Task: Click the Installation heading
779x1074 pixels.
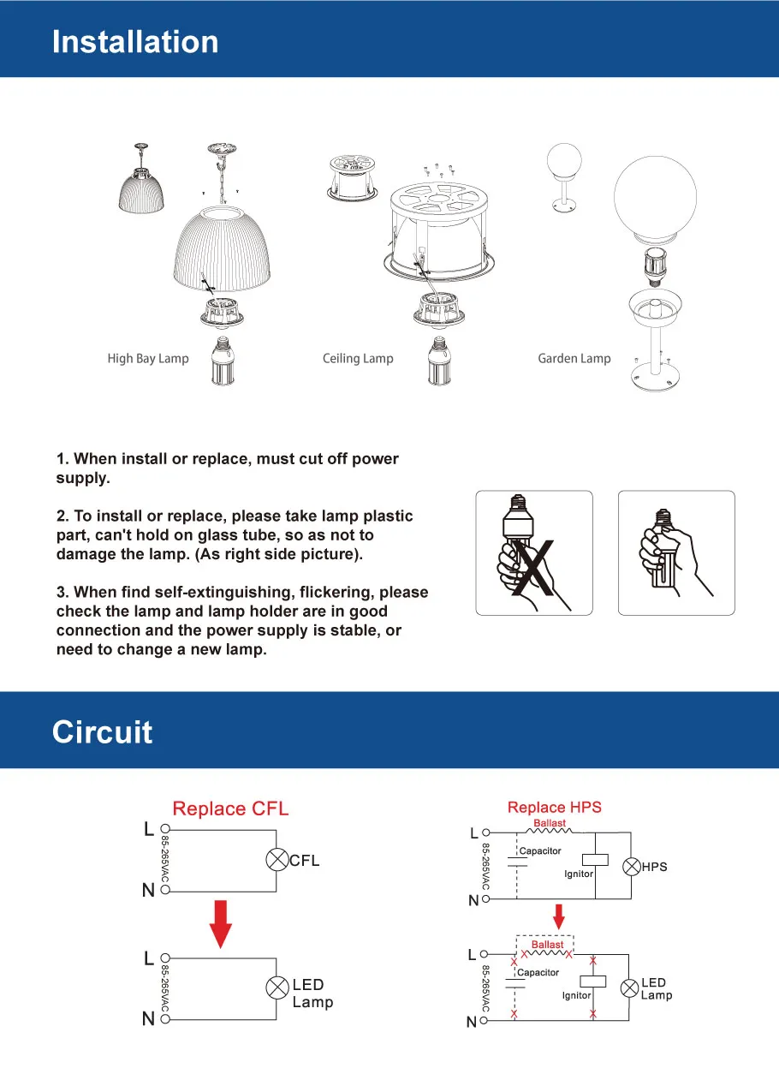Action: [135, 42]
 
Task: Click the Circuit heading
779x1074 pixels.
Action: [102, 732]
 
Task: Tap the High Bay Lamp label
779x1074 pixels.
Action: [147, 358]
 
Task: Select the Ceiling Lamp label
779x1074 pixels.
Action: [358, 358]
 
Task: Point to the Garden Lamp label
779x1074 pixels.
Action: [574, 358]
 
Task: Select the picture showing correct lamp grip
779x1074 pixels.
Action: [676, 552]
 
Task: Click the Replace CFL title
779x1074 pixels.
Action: [230, 808]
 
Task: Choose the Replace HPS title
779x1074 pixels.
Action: [554, 807]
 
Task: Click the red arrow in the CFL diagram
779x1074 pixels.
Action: [221, 923]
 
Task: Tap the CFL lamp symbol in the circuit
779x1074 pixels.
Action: [277, 861]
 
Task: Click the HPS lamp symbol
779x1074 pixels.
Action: [630, 867]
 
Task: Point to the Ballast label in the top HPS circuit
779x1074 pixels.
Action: [550, 823]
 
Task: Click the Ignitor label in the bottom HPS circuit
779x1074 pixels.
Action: [576, 995]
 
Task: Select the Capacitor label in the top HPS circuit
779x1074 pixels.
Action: [540, 850]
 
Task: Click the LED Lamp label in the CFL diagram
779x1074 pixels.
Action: [312, 993]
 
